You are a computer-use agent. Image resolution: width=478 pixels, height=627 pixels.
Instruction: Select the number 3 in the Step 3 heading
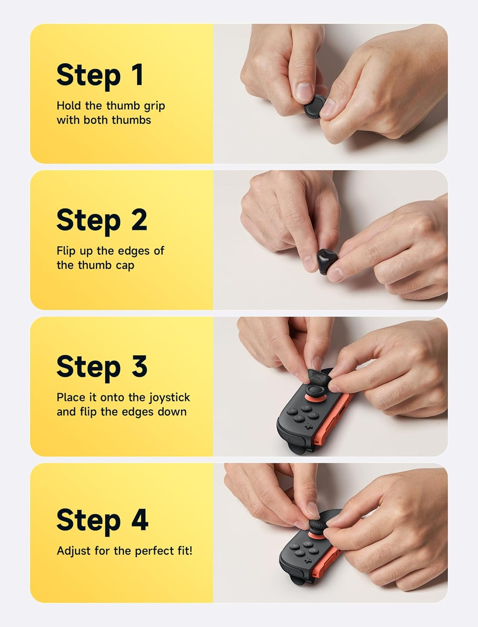coord(139,367)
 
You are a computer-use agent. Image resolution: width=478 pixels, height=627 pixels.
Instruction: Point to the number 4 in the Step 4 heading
coord(140,520)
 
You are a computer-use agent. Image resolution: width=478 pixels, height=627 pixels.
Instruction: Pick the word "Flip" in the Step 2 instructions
coord(67,251)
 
